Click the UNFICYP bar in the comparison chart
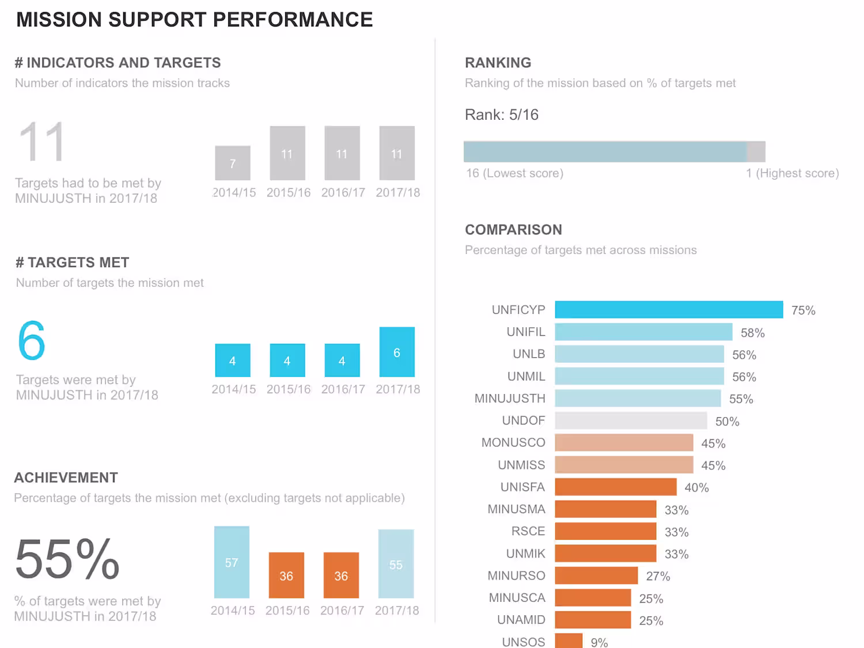[x=668, y=309]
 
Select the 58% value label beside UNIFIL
[x=752, y=333]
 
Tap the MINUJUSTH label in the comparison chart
[x=510, y=399]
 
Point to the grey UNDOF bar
[x=631, y=420]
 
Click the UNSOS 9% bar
[x=569, y=641]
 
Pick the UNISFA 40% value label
[x=696, y=488]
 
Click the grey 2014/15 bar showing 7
[x=233, y=163]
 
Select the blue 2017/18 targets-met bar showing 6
[x=397, y=352]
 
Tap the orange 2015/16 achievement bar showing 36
[x=286, y=575]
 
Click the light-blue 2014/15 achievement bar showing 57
[x=232, y=562]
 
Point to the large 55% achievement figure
[x=67, y=559]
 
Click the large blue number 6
[x=32, y=340]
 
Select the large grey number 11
[x=41, y=142]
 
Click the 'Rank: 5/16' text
[x=502, y=115]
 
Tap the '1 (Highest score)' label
[x=792, y=173]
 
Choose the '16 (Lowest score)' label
[x=514, y=173]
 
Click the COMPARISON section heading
[x=513, y=230]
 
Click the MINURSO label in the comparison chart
[x=516, y=576]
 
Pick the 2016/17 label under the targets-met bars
[x=343, y=389]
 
